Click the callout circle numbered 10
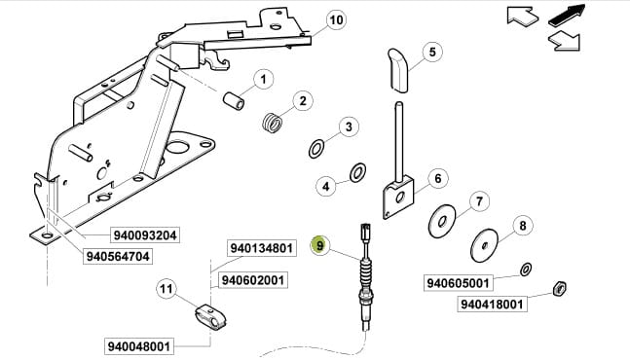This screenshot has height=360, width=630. coord(336,19)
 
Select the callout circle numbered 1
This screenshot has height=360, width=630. coord(263,80)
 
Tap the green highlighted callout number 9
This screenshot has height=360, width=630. coord(319,245)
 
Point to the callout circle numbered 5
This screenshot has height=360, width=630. coord(432,52)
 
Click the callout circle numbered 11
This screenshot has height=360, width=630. coord(167,289)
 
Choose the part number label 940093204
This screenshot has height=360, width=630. coord(145,235)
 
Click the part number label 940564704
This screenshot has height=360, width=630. coord(118,256)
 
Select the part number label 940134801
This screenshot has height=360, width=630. coord(262,248)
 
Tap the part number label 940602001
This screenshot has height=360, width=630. coord(253,280)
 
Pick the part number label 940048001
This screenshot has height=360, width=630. coord(139,346)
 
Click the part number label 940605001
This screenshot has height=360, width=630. coord(459,283)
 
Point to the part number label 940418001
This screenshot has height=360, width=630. coord(492,305)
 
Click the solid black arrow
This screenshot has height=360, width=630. coord(567,16)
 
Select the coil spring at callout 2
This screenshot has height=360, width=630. coord(272,123)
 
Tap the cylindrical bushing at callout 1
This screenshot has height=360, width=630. coord(234,101)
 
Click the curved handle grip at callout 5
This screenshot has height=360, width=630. coord(398,71)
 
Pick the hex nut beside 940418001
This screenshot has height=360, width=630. coord(559,288)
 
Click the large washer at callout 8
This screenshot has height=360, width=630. coord(484,245)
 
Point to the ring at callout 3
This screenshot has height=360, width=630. coord(316,149)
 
